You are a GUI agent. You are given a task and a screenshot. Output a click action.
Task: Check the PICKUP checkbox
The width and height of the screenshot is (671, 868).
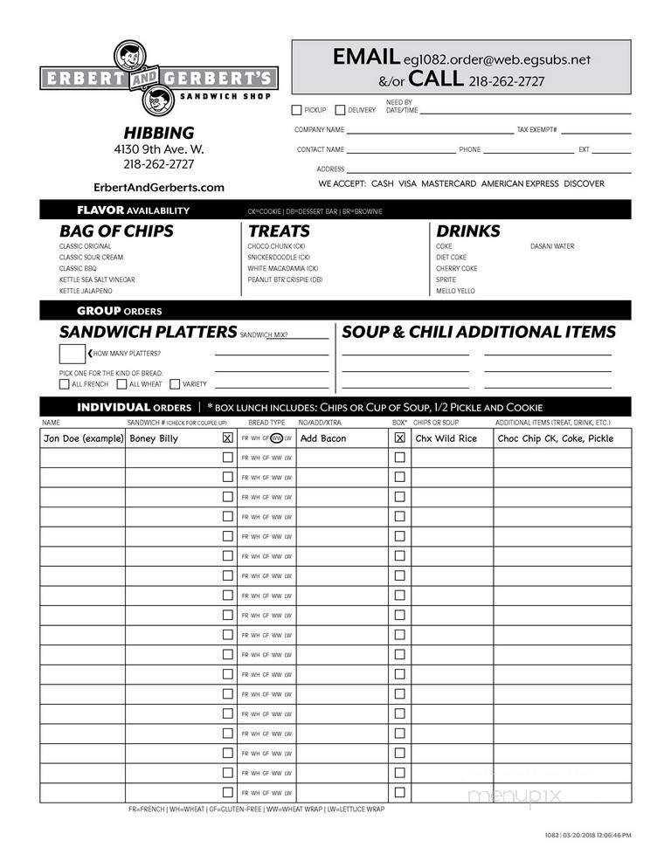coord(296,110)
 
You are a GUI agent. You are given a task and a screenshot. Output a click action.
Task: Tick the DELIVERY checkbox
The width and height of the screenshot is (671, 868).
coord(340,110)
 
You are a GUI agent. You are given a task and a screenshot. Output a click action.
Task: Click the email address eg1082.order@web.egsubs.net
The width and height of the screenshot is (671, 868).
coord(497,59)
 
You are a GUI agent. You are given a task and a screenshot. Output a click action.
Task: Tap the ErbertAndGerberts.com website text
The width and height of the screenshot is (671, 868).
coord(158,187)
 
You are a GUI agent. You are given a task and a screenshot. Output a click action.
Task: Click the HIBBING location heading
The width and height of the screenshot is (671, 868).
coord(158,133)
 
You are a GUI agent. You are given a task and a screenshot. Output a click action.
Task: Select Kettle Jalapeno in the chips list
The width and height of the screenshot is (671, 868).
coord(86,291)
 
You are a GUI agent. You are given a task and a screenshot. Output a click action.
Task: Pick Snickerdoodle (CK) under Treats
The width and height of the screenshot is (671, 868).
coord(279,258)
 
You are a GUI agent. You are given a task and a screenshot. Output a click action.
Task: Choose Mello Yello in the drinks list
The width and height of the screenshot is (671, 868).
coord(455,291)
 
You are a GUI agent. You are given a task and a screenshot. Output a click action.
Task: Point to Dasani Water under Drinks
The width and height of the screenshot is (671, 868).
coord(552,246)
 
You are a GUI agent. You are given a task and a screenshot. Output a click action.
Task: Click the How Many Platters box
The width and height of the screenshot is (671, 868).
coord(71,354)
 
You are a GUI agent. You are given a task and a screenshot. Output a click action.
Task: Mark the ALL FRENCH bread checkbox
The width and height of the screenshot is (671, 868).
coord(65,384)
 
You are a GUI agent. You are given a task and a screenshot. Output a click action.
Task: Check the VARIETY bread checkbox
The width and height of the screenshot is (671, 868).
coord(175,384)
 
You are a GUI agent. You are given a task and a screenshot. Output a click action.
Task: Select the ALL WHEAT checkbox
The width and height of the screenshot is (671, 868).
coord(121,384)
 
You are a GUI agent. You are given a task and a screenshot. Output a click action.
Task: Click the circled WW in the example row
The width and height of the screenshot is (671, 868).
coord(276,438)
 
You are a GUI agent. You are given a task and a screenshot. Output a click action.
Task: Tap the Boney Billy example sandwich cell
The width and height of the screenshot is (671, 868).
coord(154,438)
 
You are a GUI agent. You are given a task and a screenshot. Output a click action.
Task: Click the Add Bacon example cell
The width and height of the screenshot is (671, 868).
coord(323,438)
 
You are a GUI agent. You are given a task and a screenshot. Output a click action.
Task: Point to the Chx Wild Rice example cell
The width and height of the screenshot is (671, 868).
coord(446,438)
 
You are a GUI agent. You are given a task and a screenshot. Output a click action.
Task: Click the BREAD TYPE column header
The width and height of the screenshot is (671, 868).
coord(266,423)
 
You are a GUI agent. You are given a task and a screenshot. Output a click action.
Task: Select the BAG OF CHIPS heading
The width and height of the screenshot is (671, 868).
coord(116,231)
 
